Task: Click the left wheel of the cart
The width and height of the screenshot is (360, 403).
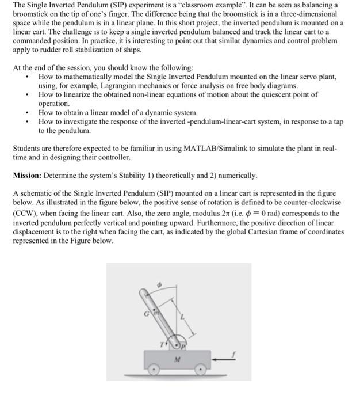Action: coord(155,371)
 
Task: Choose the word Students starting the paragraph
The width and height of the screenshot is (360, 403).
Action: coord(29,148)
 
